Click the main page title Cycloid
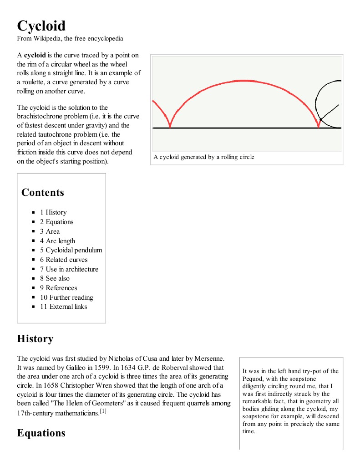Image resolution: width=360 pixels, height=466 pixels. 41,26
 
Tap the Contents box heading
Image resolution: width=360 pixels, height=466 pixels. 43,192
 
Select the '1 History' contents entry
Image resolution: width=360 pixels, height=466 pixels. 53,212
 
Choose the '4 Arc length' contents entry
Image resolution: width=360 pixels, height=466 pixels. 57,241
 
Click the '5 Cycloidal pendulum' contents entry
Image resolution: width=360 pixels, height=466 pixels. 71,250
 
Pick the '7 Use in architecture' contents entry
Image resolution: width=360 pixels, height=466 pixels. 69,269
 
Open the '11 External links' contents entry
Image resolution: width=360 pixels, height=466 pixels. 63,307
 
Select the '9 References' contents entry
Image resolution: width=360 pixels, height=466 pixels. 58,288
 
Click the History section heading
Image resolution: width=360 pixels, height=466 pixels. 35,339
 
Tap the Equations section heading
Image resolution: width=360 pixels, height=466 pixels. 41,433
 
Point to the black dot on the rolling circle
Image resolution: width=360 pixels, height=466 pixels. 321,119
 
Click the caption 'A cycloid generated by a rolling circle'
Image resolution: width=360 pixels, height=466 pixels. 204,157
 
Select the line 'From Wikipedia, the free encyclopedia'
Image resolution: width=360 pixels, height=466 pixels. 70,39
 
